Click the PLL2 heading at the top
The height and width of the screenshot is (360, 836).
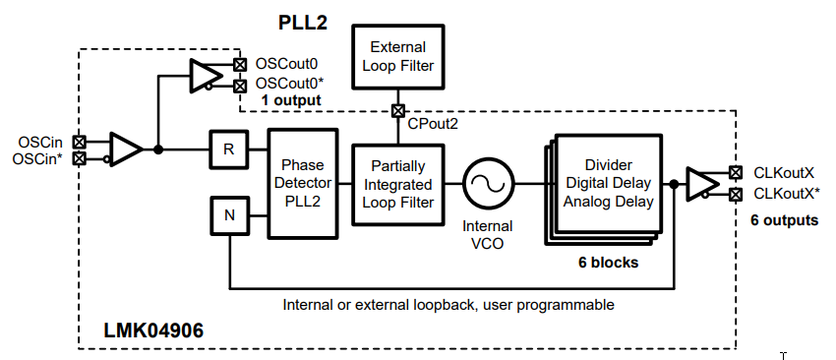click(302, 23)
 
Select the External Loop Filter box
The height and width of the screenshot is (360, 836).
click(397, 56)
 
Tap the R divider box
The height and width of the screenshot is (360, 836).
click(229, 150)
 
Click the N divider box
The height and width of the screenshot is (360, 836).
click(229, 215)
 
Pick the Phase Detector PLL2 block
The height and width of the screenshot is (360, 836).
click(302, 183)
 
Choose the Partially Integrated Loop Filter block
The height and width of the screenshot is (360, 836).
click(397, 185)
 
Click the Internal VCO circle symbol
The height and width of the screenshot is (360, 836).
click(489, 185)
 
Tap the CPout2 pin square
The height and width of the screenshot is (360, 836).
click(397, 111)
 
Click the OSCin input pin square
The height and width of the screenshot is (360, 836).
click(79, 142)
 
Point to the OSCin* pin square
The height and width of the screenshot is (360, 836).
click(79, 157)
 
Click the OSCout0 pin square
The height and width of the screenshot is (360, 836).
click(240, 65)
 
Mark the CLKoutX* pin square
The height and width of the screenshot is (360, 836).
click(736, 194)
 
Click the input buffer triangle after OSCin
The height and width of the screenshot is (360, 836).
click(126, 150)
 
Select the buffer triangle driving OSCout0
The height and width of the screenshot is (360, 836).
click(207, 76)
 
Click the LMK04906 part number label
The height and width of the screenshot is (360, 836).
click(153, 330)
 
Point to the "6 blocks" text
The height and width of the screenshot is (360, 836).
click(609, 263)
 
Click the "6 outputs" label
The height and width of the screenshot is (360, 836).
click(784, 219)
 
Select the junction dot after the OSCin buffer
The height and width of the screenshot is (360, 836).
click(157, 150)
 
